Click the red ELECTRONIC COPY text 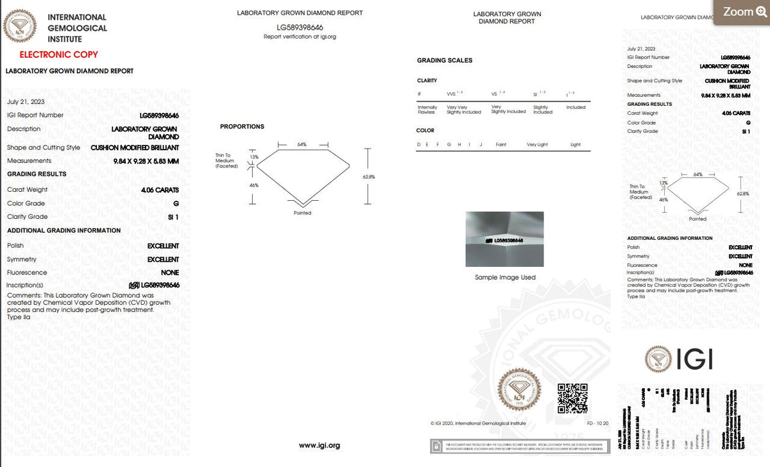[58, 55]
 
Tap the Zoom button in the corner [742, 12]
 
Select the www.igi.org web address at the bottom [320, 445]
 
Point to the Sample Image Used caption [505, 277]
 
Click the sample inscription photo [504, 239]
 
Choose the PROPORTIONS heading [242, 127]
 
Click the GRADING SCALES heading [444, 60]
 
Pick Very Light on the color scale [537, 144]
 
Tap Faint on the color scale [501, 144]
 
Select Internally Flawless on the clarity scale [427, 110]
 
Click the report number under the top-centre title [300, 28]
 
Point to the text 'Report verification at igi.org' [300, 37]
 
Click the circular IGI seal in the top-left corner [21, 27]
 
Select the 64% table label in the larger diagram [302, 144]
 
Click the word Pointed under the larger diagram [302, 213]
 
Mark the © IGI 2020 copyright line [478, 423]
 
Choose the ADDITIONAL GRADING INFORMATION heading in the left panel [64, 230]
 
